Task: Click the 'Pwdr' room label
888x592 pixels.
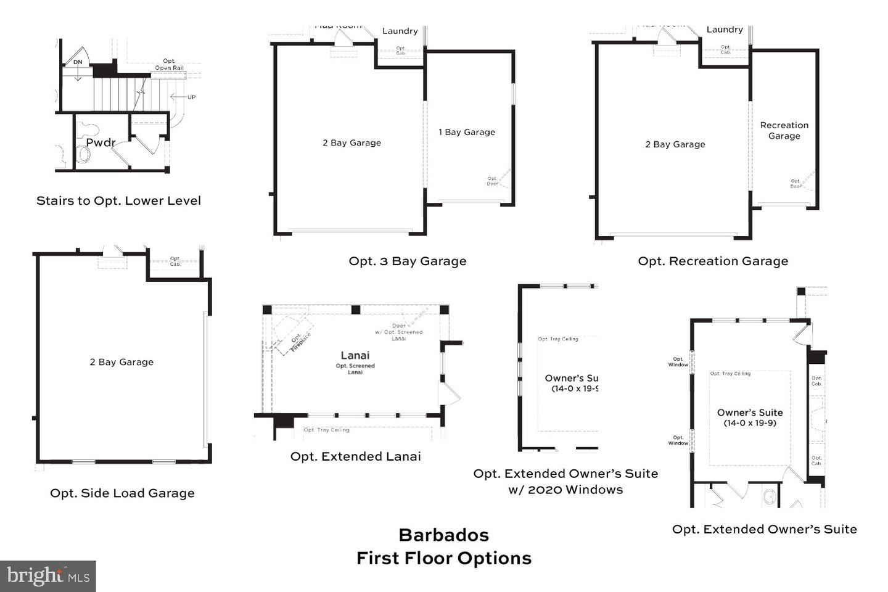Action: [101, 142]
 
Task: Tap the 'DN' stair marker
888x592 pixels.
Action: [78, 62]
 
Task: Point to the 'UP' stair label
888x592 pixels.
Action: [191, 97]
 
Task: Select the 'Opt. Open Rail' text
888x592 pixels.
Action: [169, 65]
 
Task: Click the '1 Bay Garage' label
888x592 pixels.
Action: [467, 132]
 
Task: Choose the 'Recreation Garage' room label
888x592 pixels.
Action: [784, 131]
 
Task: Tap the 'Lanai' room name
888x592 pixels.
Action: [355, 355]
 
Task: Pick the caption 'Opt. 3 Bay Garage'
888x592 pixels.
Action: [408, 261]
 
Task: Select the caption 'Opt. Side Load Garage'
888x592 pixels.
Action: [122, 493]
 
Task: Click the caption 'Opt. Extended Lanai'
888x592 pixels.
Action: [356, 456]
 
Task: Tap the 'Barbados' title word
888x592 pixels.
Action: [443, 535]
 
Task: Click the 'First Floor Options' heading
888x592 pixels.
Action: [443, 558]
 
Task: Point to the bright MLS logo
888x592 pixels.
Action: [48, 576]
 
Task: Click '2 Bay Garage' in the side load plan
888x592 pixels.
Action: [121, 362]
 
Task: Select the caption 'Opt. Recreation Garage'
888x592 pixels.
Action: [713, 261]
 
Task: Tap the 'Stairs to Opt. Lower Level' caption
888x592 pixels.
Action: [118, 200]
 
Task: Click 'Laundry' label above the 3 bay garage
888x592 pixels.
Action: [400, 31]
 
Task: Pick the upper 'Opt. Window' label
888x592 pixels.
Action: [678, 361]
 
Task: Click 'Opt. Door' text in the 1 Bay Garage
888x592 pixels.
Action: [492, 181]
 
